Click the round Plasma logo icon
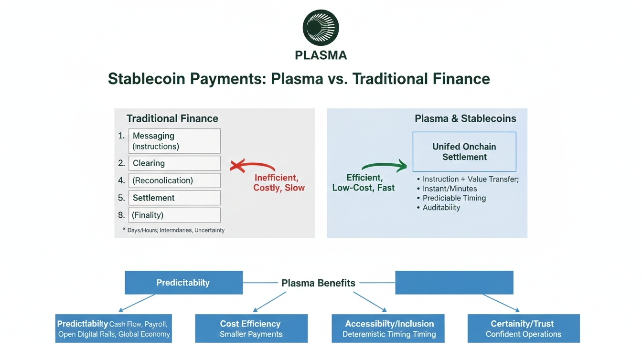click(x=321, y=28)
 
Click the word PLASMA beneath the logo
click(x=321, y=55)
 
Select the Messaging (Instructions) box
click(x=174, y=141)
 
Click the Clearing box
click(x=174, y=163)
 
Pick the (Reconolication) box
click(x=174, y=180)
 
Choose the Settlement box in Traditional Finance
click(x=174, y=198)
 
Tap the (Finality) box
click(x=174, y=215)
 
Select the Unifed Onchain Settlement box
click(x=464, y=152)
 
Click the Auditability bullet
click(x=441, y=208)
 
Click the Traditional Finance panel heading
click(x=172, y=118)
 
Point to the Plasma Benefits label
click(x=318, y=283)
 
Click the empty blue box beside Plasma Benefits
click(x=454, y=283)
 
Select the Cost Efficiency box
click(x=251, y=328)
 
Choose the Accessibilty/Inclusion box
click(x=388, y=328)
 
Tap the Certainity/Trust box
click(x=524, y=328)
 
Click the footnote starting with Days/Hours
click(x=175, y=230)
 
